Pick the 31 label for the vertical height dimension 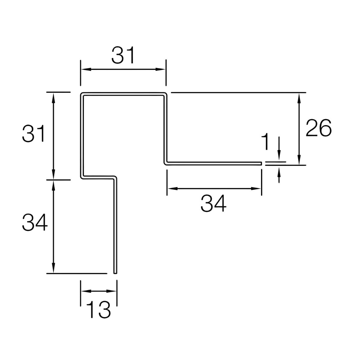[33, 134]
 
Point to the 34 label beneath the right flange [214, 203]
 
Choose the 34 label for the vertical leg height [35, 223]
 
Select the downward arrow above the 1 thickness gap [279, 158]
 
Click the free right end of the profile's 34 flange [261, 163]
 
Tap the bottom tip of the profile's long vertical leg [115, 272]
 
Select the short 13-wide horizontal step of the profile [98, 177]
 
